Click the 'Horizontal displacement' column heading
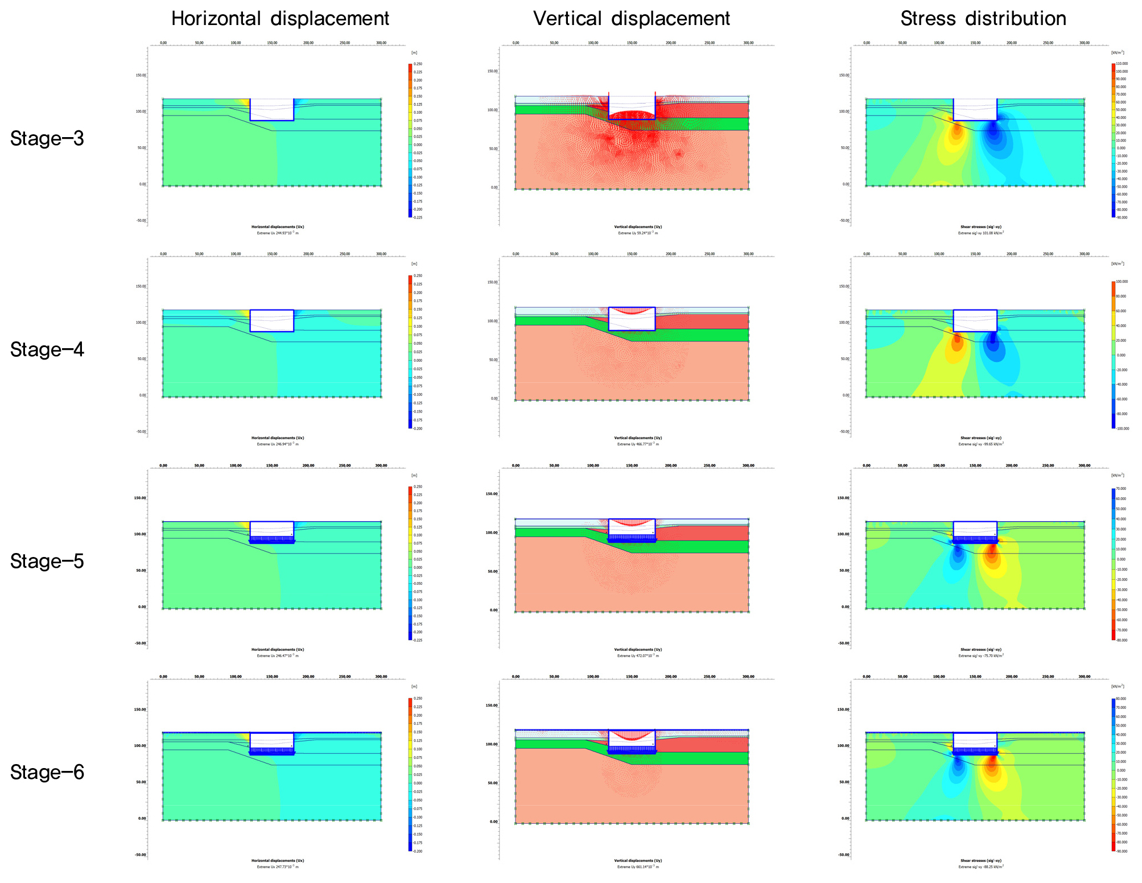pos(280,19)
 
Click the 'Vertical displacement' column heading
pos(631,19)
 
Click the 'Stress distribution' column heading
pos(983,19)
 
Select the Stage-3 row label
pos(47,138)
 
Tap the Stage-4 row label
pos(47,349)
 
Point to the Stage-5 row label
pos(47,561)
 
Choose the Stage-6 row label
pos(47,772)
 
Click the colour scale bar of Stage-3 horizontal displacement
pos(410,141)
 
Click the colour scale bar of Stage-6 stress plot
pos(1113,775)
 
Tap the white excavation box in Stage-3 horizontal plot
pos(271,109)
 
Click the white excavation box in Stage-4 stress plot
pos(975,320)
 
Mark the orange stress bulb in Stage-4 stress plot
pos(957,344)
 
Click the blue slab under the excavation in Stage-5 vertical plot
pos(632,539)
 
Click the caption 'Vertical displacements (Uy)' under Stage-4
pos(638,438)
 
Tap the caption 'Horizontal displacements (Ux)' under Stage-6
pos(278,861)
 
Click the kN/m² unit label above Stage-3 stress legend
pos(1117,52)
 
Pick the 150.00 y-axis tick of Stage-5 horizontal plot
pos(140,498)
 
